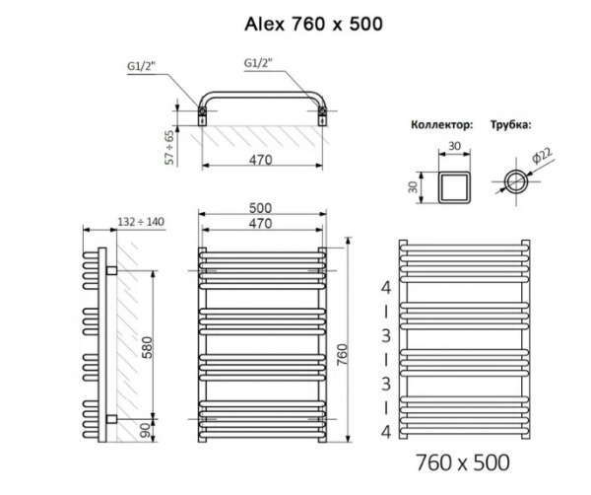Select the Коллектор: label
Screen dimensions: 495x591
439,125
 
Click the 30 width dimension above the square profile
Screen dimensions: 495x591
455,146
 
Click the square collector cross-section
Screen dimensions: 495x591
455,183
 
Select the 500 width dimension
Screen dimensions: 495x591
261,208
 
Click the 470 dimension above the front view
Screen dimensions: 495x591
261,225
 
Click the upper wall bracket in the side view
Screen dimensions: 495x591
113,269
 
